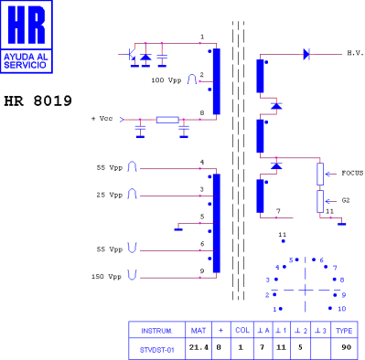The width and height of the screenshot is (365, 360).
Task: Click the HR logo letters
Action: [27, 25]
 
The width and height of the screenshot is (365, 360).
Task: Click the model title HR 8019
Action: [38, 101]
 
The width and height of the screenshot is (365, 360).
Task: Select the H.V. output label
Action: [356, 53]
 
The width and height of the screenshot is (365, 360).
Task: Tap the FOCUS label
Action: [352, 173]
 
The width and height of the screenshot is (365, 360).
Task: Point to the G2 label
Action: [346, 200]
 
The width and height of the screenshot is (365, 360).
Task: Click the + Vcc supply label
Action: [102, 119]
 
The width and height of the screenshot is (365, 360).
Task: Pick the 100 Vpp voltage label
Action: [166, 80]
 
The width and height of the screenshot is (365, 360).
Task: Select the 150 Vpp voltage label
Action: [106, 277]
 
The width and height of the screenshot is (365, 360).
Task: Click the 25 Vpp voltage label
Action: [110, 195]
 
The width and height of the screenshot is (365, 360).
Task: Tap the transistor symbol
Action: [133, 56]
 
